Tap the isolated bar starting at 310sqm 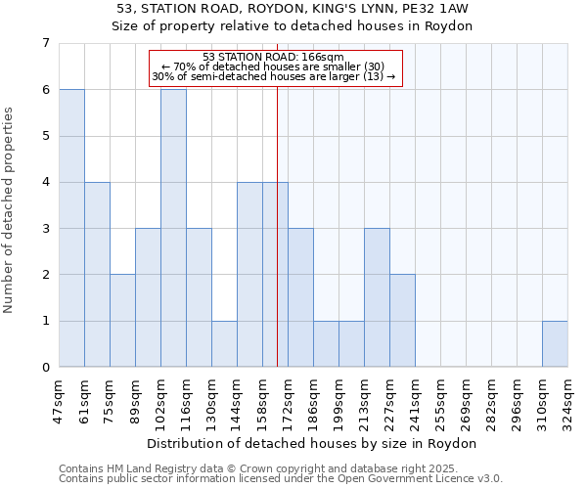(555, 343)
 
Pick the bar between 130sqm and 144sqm (224, 343)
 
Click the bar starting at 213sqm (377, 297)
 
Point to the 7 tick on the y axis (45, 43)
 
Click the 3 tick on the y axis (45, 228)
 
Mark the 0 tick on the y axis (45, 367)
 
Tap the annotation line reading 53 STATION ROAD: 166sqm (274, 57)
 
